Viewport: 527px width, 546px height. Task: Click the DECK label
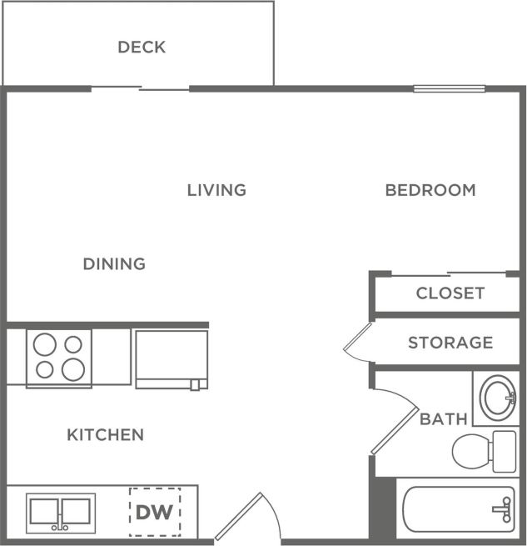142,47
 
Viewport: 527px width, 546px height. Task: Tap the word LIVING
216,190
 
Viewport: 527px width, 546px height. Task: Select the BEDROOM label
430,190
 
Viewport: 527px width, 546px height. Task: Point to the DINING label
114,264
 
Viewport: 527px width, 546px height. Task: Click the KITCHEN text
106,434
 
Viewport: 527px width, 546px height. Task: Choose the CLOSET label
450,293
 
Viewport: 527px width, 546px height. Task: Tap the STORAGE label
450,343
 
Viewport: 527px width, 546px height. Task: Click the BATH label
444,419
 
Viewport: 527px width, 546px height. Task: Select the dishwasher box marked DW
154,511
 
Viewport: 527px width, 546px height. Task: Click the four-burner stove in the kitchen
58,358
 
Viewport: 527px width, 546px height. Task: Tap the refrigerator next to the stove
171,358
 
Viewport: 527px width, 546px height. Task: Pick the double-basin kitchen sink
60,512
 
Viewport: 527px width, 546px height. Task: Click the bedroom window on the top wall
449,88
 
